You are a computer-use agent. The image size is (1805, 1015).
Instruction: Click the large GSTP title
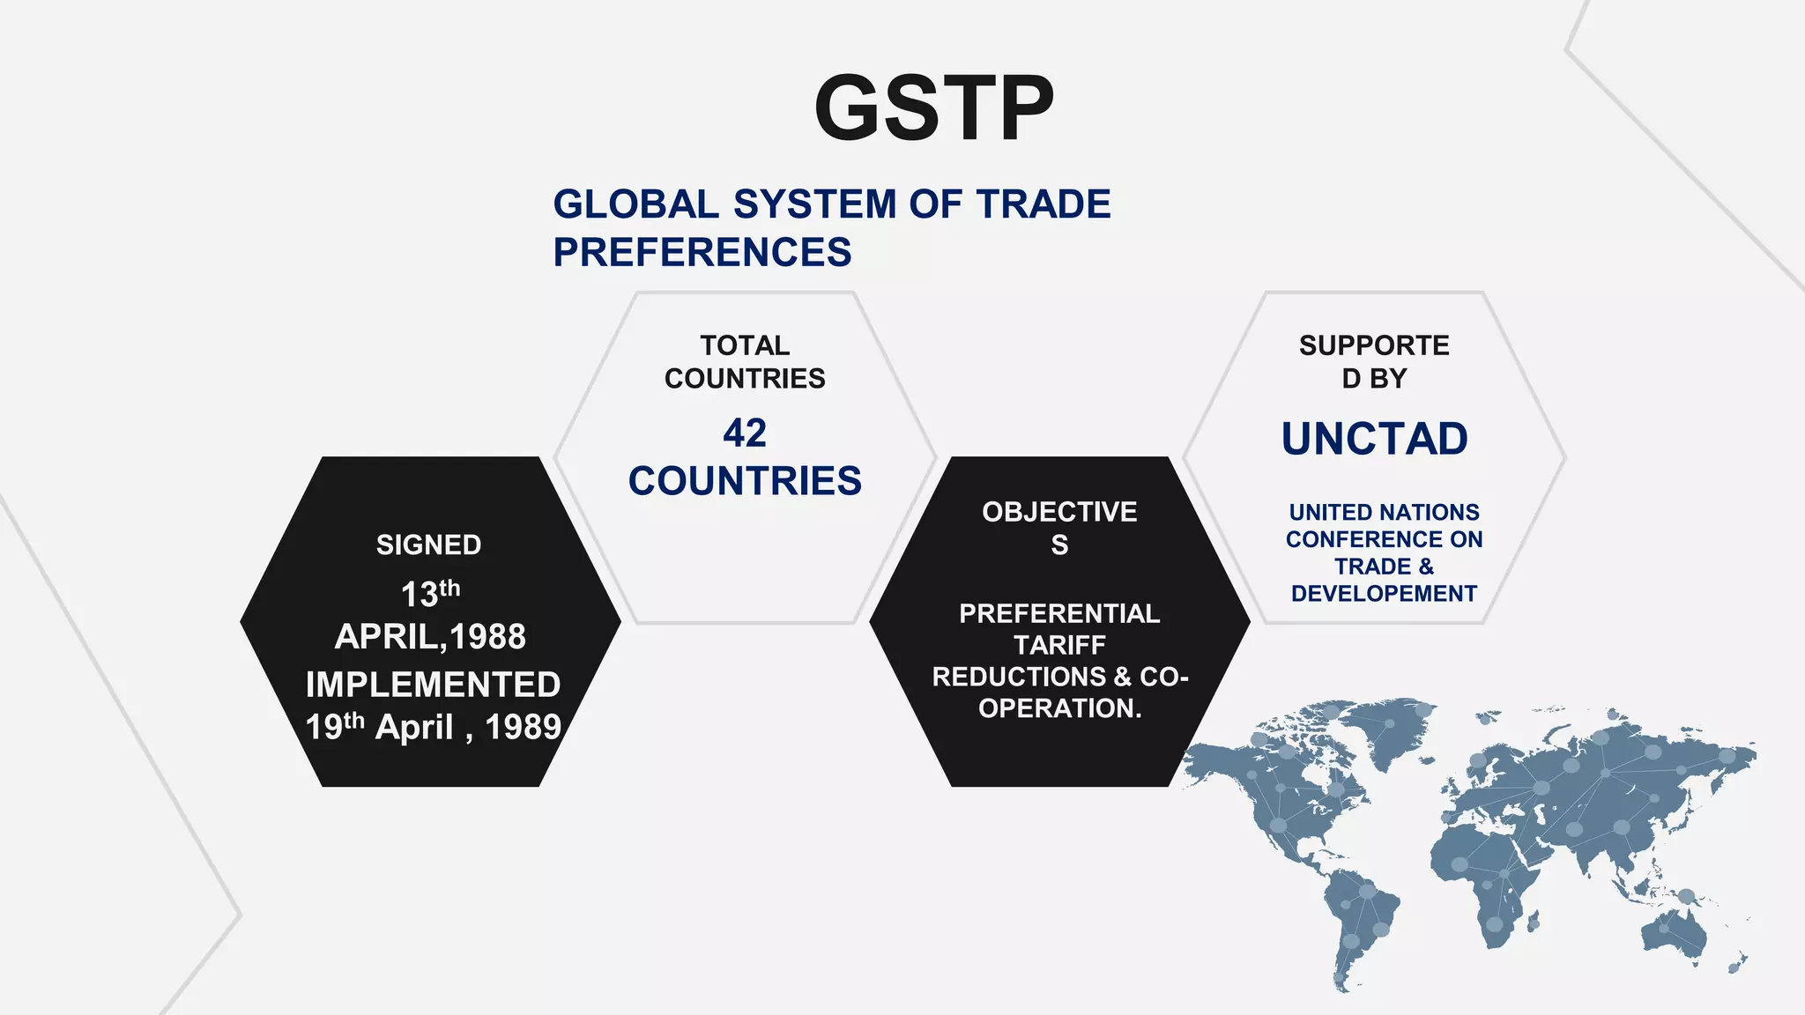(x=933, y=108)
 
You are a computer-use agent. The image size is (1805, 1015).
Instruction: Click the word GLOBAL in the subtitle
(x=635, y=204)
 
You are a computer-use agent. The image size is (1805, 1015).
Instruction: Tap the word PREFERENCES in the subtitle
(x=702, y=252)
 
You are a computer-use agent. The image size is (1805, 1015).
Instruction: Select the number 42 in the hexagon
(x=745, y=433)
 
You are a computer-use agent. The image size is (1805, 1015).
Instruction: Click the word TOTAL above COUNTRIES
(x=745, y=345)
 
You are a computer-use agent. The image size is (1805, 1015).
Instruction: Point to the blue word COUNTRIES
(x=745, y=481)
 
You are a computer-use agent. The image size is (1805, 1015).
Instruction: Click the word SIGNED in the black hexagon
(x=428, y=545)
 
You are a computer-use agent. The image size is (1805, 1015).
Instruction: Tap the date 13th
(x=430, y=593)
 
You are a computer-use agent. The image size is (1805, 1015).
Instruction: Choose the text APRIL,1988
(x=430, y=636)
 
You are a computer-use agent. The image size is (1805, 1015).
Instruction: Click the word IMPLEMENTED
(x=433, y=685)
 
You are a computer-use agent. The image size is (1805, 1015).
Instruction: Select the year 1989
(x=523, y=727)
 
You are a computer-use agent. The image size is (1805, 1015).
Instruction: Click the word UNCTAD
(x=1374, y=439)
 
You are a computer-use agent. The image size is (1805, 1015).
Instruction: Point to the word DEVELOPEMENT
(x=1384, y=594)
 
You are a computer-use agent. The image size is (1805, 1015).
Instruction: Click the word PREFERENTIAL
(x=1059, y=613)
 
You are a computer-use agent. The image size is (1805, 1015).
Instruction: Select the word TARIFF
(x=1059, y=645)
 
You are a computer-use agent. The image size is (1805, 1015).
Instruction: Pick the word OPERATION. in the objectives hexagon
(x=1059, y=708)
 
